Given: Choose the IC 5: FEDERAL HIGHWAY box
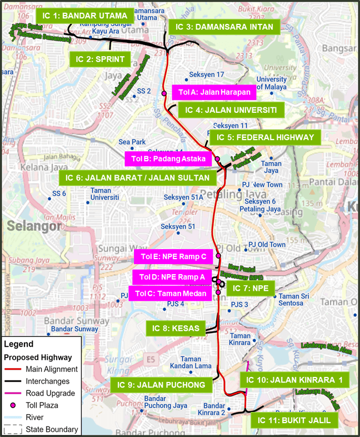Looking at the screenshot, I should coord(265,137).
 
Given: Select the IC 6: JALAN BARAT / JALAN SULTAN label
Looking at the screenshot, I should coord(138,178).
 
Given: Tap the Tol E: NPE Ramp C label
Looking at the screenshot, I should coord(173,256).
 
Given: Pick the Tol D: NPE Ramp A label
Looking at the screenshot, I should coord(173,277).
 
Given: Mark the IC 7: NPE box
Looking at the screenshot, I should coord(251,288).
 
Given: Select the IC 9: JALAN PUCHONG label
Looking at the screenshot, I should coord(161,385).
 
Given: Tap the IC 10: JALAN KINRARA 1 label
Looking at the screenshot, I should coord(294,380).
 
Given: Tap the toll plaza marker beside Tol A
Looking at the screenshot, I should coord(164,93).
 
